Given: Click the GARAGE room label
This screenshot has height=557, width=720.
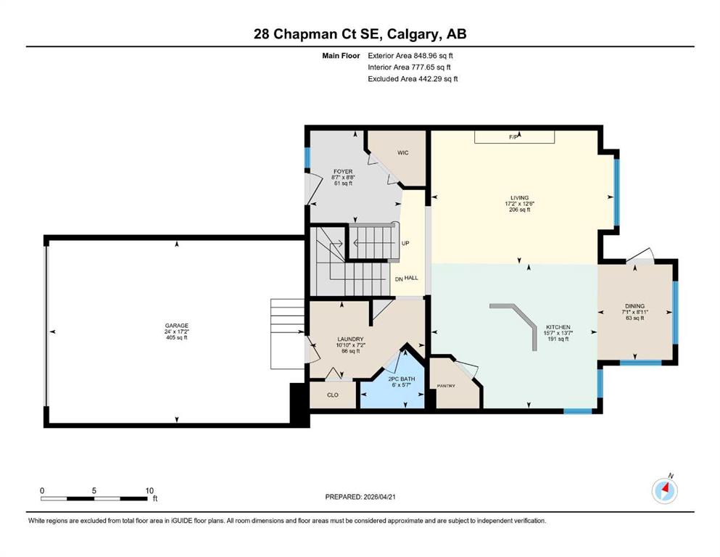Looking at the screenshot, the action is pos(177,326).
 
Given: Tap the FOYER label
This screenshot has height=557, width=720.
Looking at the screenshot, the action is pos(343,171).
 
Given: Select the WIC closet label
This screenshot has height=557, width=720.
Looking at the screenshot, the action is pos(402,152).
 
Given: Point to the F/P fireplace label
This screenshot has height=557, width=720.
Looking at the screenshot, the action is pos(514,137).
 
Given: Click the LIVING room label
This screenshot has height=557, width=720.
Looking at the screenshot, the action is pos(519,198).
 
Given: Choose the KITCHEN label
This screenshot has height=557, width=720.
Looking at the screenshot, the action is pos(558,327).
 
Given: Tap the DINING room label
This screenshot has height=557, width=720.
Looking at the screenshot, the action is pos(634,306).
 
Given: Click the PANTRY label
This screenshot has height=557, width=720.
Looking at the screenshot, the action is pos(446,386).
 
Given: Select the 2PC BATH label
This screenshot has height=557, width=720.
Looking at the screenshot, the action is pos(401,379).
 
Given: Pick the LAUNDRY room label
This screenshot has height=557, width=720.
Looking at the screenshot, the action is pos(350,339).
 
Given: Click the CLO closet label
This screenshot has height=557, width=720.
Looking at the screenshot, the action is pos(333,395).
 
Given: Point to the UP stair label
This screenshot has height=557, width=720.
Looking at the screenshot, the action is pos(405,244).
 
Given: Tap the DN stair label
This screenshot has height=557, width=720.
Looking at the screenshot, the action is pos(399,278).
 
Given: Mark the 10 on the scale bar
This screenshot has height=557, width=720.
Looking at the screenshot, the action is pos(149,490).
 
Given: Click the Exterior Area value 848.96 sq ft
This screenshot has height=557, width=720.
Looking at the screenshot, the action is pos(434,56).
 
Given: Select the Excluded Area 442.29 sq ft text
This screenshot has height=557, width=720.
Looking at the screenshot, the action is pos(413,78).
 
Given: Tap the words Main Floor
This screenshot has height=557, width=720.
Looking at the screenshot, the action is pos(341,56).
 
